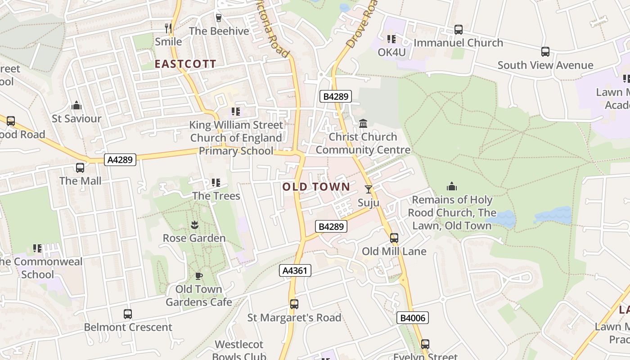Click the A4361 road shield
[295, 270]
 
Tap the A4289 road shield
[120, 159]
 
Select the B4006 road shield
[413, 318]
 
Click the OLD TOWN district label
[316, 187]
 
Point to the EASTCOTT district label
[185, 64]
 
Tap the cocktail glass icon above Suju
[369, 189]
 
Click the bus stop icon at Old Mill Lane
[394, 238]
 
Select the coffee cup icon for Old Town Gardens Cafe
[199, 276]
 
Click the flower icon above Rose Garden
[194, 225]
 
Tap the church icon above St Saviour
[76, 105]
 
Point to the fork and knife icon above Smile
[168, 28]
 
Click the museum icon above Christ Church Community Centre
[363, 123]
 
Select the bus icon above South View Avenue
[545, 52]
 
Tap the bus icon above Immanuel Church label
[458, 30]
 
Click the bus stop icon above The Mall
[80, 168]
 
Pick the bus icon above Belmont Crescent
[128, 314]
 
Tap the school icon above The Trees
[216, 183]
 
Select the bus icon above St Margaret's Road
[294, 304]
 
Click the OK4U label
[391, 53]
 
